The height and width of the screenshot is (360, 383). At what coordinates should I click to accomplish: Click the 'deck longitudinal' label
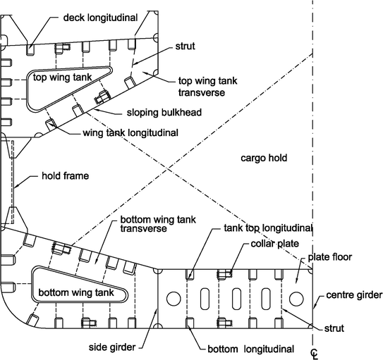pyautogui.click(x=100, y=18)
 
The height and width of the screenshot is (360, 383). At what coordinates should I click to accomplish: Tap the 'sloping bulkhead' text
pyautogui.click(x=164, y=113)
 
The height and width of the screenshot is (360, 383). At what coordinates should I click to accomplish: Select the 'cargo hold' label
pyautogui.click(x=264, y=158)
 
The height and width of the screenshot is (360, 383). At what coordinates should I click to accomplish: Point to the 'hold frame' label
pyautogui.click(x=65, y=176)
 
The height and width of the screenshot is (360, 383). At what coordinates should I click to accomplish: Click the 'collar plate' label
pyautogui.click(x=275, y=244)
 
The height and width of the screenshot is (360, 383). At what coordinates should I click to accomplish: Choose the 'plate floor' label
pyautogui.click(x=330, y=257)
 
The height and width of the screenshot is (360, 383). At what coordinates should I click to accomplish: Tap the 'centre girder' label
pyautogui.click(x=354, y=295)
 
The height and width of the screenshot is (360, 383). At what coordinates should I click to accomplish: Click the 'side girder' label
pyautogui.click(x=112, y=347)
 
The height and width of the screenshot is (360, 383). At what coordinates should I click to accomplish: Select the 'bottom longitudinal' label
pyautogui.click(x=251, y=349)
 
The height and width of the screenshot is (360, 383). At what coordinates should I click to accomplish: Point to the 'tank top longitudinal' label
pyautogui.click(x=268, y=228)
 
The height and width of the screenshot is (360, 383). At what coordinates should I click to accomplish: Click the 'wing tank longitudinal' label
pyautogui.click(x=130, y=133)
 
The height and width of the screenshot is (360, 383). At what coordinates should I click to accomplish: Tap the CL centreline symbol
pyautogui.click(x=315, y=354)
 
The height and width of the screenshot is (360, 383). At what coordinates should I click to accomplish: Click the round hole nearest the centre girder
pyautogui.click(x=296, y=299)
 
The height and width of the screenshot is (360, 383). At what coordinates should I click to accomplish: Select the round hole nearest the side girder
pyautogui.click(x=174, y=299)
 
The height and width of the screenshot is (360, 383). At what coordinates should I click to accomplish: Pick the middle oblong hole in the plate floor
pyautogui.click(x=236, y=299)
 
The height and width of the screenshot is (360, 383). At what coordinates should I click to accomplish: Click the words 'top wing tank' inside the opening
pyautogui.click(x=62, y=77)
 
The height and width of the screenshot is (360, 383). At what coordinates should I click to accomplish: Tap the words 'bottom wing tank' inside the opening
pyautogui.click(x=76, y=292)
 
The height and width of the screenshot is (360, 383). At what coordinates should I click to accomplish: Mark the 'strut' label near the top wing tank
pyautogui.click(x=185, y=46)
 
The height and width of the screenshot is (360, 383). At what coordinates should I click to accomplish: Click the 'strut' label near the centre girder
pyautogui.click(x=334, y=328)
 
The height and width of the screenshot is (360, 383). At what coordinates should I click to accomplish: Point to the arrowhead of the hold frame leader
pyautogui.click(x=16, y=187)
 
